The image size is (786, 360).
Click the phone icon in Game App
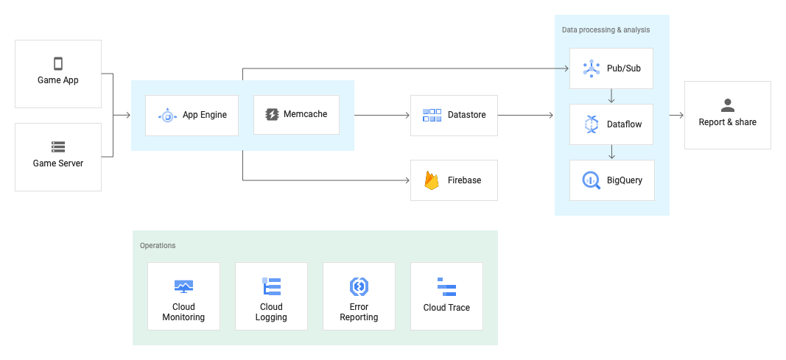coord(58,63)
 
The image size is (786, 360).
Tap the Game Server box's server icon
coord(58,147)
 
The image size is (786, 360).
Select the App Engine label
coord(205,115)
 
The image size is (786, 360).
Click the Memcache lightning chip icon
coord(272,114)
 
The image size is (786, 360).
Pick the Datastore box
coord(454,115)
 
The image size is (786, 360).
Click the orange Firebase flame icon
coord(432,180)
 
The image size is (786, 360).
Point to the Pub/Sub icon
coord(592,68)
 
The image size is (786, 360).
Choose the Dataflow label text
coord(624,124)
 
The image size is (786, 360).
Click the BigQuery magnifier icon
coord(592,180)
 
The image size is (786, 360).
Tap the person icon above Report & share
coord(728,105)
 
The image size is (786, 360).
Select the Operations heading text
coord(158,245)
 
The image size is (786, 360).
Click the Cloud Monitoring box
coord(183,296)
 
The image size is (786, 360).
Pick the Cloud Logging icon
coord(271,286)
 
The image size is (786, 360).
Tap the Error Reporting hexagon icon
coord(359,286)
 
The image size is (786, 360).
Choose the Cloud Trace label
coord(446,308)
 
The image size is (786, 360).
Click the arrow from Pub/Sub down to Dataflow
coord(611,96)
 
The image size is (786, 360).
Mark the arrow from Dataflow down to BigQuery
coord(611,152)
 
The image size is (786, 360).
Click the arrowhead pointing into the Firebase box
coord(407,180)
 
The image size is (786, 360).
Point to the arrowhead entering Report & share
coord(681,116)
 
